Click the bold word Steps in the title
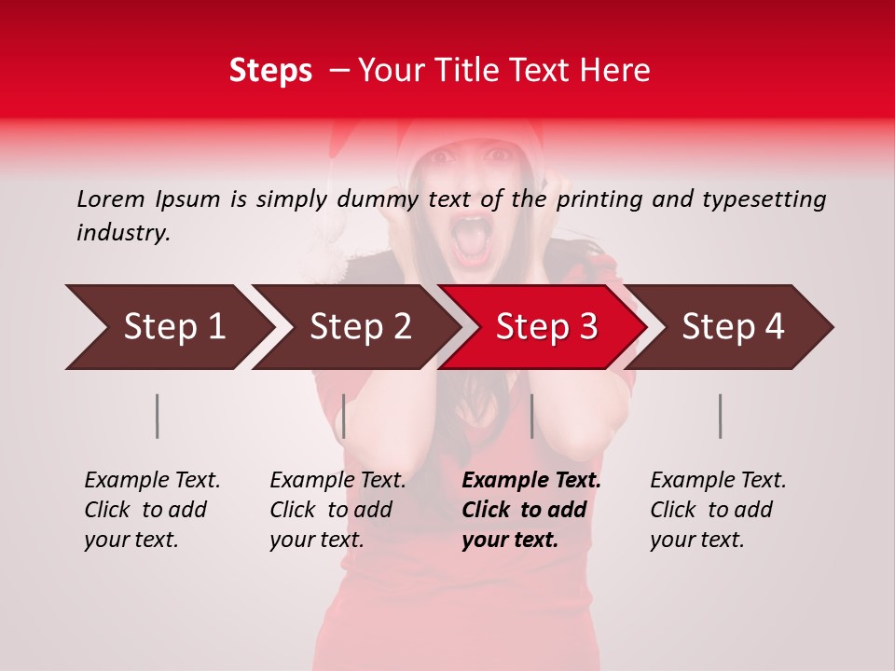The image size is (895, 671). [270, 71]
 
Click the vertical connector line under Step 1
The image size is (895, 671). [157, 416]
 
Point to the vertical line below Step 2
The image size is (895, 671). [344, 416]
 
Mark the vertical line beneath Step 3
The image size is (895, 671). [531, 416]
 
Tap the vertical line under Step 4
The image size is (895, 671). [720, 416]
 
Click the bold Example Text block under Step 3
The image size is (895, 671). [531, 510]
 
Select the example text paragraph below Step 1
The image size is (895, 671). [152, 510]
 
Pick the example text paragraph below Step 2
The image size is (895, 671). [337, 510]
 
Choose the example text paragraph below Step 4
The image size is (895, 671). [718, 510]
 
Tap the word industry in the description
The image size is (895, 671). [122, 233]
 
